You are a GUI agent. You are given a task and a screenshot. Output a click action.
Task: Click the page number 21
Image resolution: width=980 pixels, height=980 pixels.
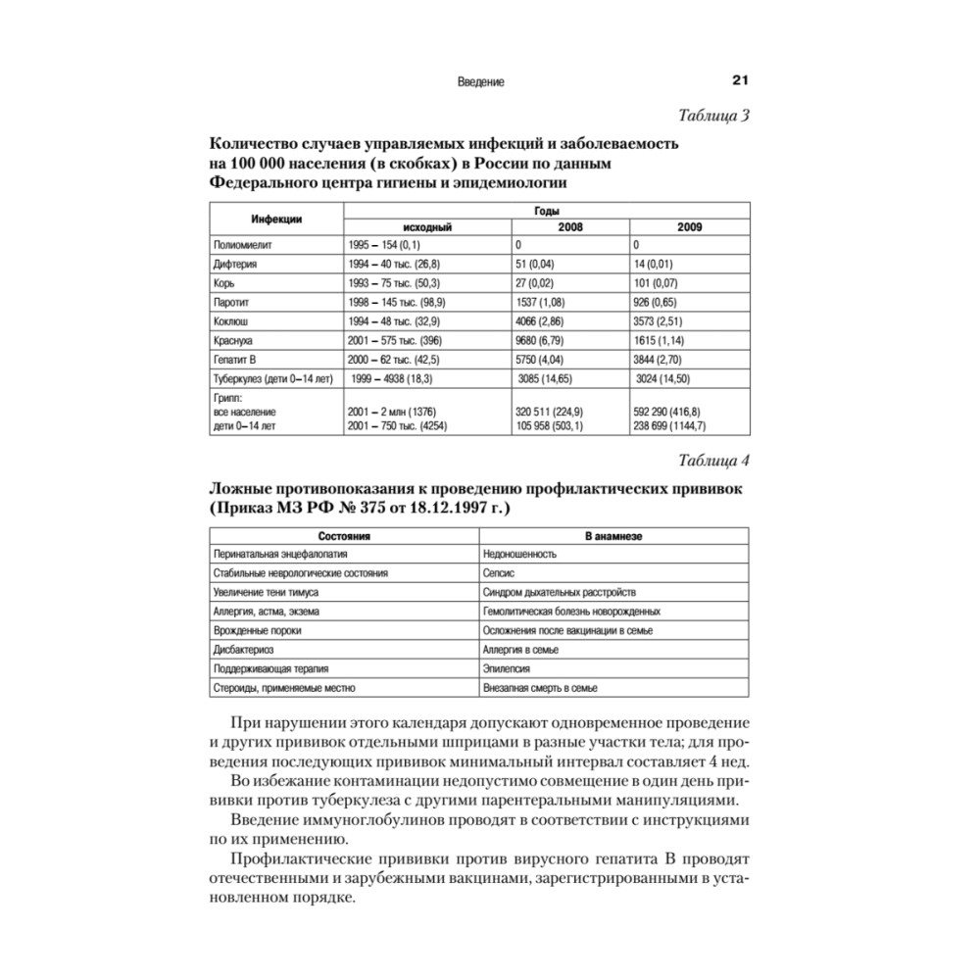pos(740,82)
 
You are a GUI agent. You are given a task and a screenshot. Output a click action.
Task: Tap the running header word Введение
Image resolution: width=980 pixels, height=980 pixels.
pos(480,83)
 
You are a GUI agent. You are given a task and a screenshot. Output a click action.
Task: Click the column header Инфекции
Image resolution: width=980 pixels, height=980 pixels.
pos(275,218)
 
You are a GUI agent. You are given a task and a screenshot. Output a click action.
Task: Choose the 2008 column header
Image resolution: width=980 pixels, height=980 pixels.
pos(569,226)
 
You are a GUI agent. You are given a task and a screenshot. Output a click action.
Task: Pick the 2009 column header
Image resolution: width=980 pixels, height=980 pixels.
pos(690,226)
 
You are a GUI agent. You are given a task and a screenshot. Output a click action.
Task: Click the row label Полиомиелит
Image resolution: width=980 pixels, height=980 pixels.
pos(239,244)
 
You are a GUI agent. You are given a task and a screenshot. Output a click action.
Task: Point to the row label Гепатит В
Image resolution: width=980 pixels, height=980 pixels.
pos(234,359)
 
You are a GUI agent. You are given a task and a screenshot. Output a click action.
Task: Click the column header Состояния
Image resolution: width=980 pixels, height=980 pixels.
pos(344,537)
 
